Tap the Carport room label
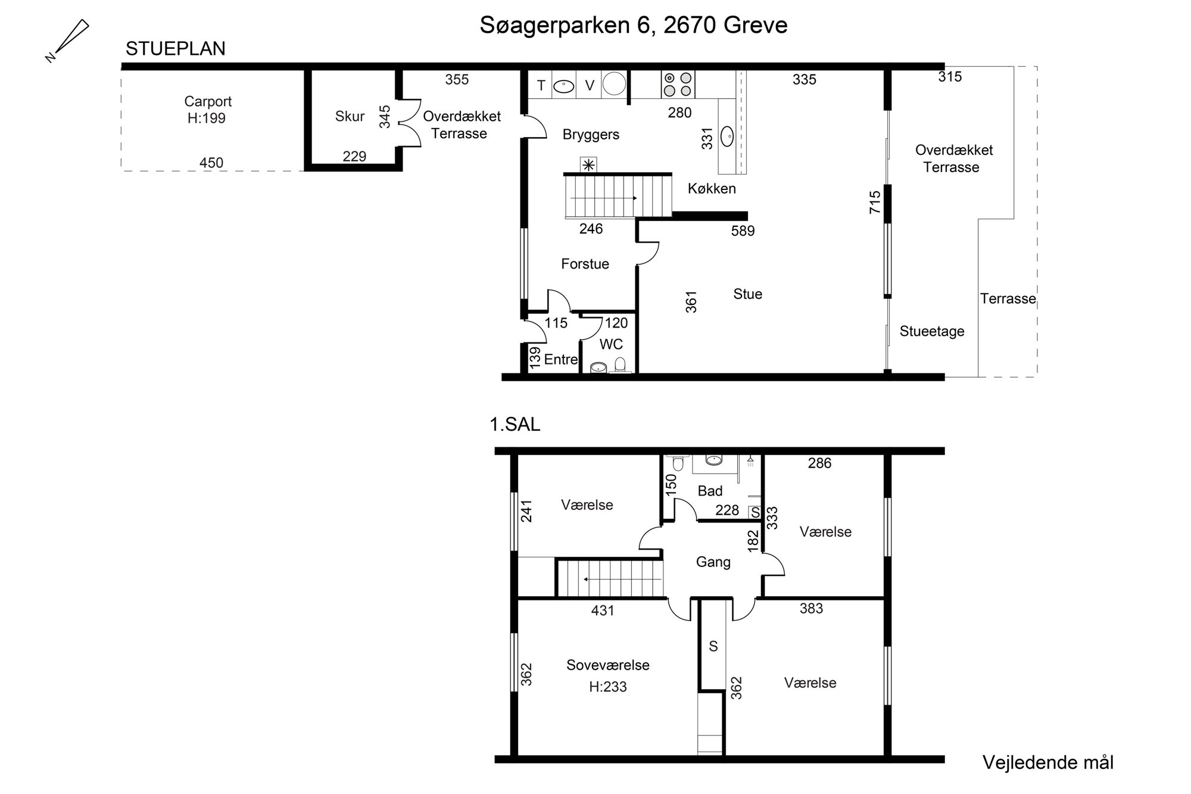(x=208, y=101)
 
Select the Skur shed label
(x=350, y=116)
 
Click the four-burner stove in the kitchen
(x=678, y=84)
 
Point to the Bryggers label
(x=591, y=135)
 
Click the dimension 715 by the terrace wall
(x=875, y=203)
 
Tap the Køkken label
(x=712, y=189)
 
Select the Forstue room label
(x=585, y=264)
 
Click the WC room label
(x=611, y=344)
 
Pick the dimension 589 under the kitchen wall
(x=743, y=231)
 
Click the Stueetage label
(x=932, y=332)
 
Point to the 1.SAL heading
(x=515, y=424)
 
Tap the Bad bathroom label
(x=710, y=491)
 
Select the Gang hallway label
(x=713, y=562)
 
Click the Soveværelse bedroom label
(x=607, y=665)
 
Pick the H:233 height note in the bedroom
(x=607, y=687)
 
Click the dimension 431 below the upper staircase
(x=603, y=611)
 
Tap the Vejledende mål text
(x=1048, y=762)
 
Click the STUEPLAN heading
(x=176, y=49)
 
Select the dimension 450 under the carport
(x=211, y=163)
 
